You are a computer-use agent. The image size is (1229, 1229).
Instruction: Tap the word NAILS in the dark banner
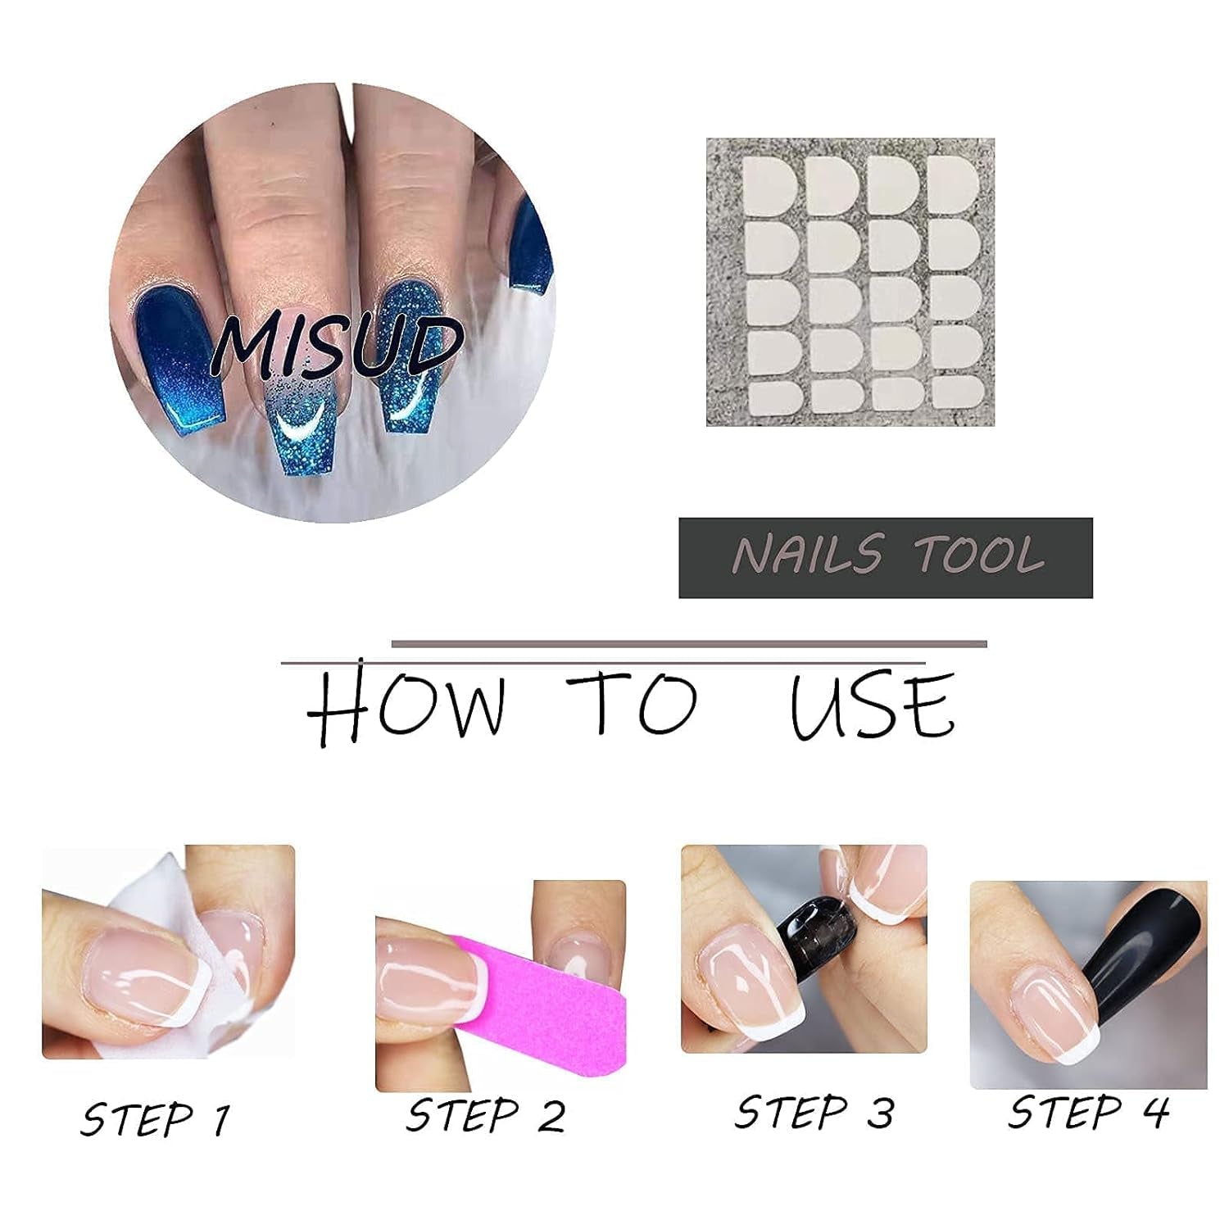[x=807, y=555]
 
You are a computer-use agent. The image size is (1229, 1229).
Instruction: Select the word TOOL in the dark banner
[x=978, y=555]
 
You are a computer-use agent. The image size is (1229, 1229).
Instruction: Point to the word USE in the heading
[x=872, y=706]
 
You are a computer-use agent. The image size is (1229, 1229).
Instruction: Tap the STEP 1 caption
[x=155, y=1119]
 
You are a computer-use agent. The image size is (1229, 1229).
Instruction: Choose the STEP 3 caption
[x=814, y=1113]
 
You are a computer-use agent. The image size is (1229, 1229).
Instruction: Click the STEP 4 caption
[x=1088, y=1113]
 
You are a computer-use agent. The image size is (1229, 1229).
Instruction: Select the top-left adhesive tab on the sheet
[x=771, y=187]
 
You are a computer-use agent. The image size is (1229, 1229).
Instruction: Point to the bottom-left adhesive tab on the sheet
[x=774, y=396]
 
